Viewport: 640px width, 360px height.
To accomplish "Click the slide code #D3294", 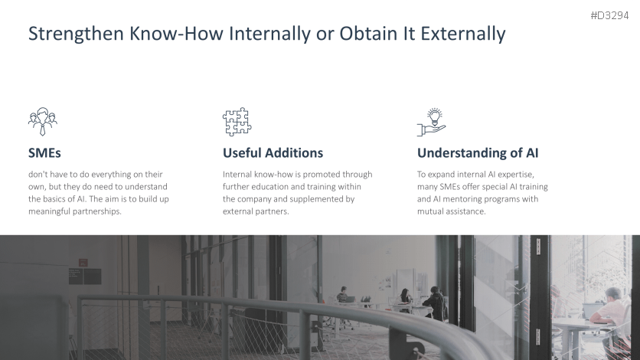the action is pyautogui.click(x=609, y=15).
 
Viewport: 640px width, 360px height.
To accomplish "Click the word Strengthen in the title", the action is pyautogui.click(x=76, y=34).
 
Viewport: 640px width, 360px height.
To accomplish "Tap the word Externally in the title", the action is pyautogui.click(x=463, y=34).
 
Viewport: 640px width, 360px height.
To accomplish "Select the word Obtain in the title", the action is pyautogui.click(x=369, y=34).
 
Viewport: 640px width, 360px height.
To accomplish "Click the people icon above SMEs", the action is pyautogui.click(x=43, y=122).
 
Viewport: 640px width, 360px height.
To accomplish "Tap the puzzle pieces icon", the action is pyautogui.click(x=237, y=122).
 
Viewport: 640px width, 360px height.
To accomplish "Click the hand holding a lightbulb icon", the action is pyautogui.click(x=432, y=122).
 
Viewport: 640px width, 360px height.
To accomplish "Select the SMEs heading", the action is pyautogui.click(x=44, y=153).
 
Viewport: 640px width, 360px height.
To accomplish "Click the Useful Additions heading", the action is pyautogui.click(x=273, y=153).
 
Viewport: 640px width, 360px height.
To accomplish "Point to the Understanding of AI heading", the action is pyautogui.click(x=478, y=153).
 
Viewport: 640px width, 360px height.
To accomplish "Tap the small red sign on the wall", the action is pyautogui.click(x=83, y=263).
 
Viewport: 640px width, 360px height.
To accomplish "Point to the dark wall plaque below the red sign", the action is pyautogui.click(x=85, y=277).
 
